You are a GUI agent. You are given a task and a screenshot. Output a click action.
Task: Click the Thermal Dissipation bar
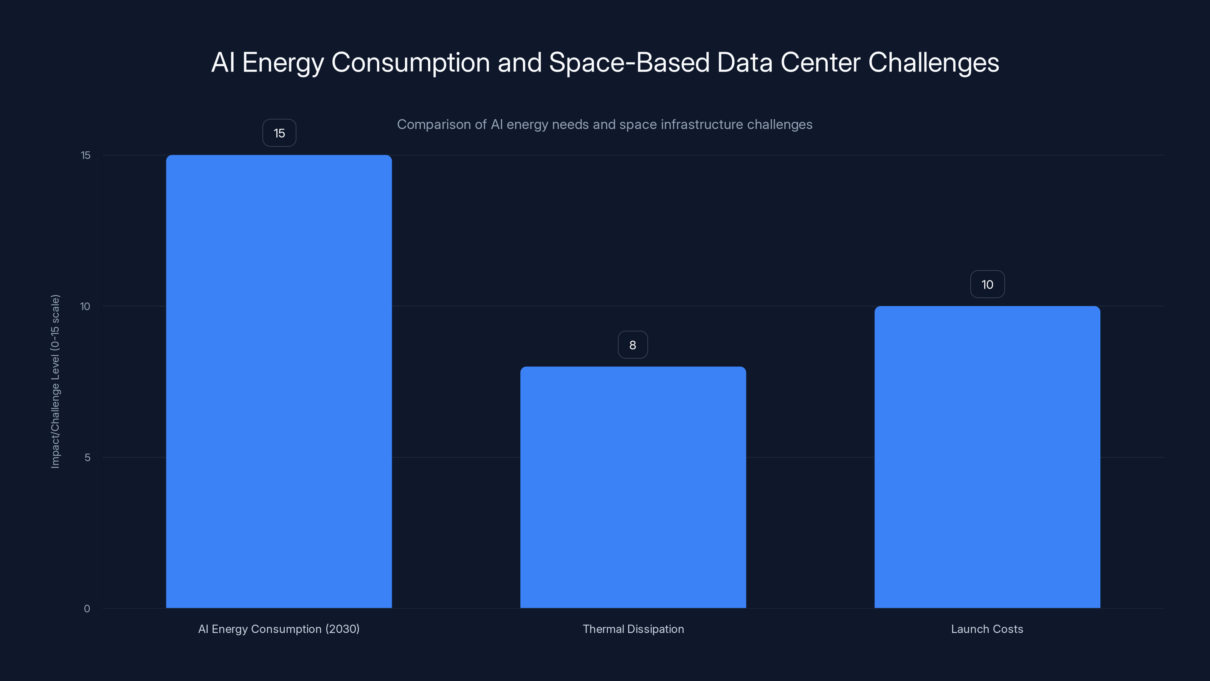pos(633,487)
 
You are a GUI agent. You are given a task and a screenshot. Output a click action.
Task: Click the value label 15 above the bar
pos(279,133)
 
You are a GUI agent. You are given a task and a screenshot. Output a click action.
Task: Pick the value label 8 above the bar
pos(632,345)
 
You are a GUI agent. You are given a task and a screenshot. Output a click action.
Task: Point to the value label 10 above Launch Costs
pos(987,285)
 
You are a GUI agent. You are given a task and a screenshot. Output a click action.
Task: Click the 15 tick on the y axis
pos(85,155)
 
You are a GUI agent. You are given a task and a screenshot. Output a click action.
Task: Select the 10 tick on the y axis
pos(85,306)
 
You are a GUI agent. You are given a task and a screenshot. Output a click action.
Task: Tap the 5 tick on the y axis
pos(87,457)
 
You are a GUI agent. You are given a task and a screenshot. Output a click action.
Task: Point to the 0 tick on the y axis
pos(87,609)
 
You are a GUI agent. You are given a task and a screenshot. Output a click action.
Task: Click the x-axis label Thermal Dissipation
pos(633,629)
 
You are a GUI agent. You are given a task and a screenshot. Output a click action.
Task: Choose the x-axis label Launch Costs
pos(987,629)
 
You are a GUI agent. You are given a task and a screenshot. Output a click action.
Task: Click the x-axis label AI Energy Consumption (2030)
pos(279,629)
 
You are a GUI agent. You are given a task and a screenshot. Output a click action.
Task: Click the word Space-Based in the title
pos(629,62)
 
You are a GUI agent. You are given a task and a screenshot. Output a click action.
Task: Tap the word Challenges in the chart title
pos(933,62)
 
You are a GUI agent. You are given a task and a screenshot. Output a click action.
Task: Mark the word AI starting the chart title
pos(223,62)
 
